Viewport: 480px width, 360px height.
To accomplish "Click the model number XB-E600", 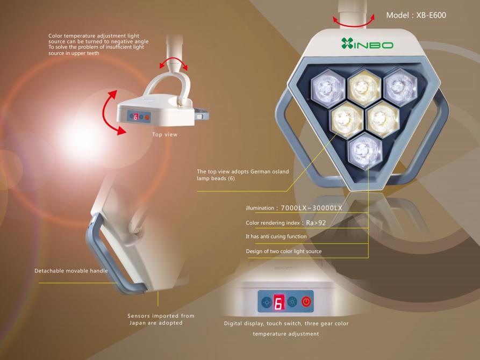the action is coord(431,15).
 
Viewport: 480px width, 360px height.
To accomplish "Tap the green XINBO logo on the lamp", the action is coord(367,44).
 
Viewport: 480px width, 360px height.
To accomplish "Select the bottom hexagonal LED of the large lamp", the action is coord(365,151).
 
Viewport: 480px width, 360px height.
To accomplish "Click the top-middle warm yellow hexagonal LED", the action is coord(364,88).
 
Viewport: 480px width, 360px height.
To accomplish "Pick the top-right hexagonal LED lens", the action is coord(400,87).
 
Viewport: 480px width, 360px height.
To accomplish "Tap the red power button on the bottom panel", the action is coord(306,302).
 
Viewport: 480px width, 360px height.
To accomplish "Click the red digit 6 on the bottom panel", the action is coord(279,303).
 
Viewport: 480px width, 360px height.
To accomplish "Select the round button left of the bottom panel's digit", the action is coord(266,302).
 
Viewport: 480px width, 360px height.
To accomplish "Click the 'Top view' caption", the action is coord(164,134).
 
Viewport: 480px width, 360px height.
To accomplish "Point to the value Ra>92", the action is coord(316,223).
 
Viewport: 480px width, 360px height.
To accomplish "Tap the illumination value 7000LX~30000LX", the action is coord(311,208).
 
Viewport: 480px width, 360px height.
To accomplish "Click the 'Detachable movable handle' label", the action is coord(71,271).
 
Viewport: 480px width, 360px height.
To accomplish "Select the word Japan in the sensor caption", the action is coord(138,323).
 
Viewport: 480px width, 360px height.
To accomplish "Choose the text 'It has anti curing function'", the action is coord(276,236).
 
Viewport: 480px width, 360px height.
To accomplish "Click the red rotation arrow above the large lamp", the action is coord(354,21).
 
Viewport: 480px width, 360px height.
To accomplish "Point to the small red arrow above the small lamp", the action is coord(173,63).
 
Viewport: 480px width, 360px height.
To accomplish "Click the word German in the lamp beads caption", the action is coord(261,171).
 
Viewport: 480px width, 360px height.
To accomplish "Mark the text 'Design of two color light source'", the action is coord(283,251).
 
